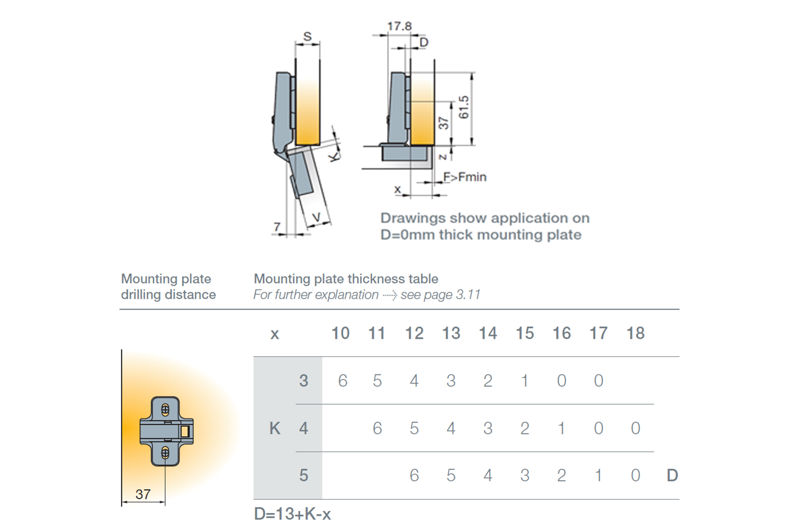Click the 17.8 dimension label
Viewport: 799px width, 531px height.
[x=399, y=26]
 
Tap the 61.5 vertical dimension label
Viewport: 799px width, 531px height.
[x=463, y=107]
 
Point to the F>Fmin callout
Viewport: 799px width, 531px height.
[x=465, y=177]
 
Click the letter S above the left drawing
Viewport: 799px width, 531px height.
[x=307, y=37]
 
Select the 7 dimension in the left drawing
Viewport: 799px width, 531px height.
[x=277, y=227]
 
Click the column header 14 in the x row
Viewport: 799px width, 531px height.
[x=488, y=333]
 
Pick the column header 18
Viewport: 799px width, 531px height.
[x=635, y=333]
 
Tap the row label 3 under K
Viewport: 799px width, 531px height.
[x=304, y=380]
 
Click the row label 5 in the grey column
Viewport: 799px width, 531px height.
[x=304, y=475]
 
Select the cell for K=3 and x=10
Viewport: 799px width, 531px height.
[x=342, y=380]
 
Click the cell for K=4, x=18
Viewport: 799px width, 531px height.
[x=635, y=428]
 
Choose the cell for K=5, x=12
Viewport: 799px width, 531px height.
[x=414, y=475]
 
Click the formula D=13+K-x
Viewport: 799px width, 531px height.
[x=292, y=514]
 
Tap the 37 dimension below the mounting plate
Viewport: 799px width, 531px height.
[x=143, y=494]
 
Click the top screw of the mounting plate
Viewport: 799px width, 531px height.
[x=165, y=410]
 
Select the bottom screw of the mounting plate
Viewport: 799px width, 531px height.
[x=165, y=453]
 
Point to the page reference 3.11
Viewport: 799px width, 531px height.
[x=468, y=295]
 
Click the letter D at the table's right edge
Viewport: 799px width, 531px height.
[x=672, y=475]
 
